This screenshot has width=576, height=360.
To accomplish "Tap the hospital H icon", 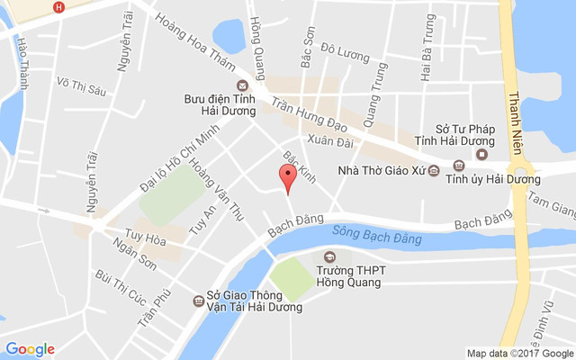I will click(x=59, y=7).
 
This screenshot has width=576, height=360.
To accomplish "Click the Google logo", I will click(x=31, y=349).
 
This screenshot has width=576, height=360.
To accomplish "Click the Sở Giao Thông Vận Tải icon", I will click(x=197, y=301).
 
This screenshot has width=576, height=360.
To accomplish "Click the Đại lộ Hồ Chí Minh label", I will click(x=179, y=162).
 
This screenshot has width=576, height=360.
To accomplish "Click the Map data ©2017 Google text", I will click(x=518, y=353).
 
